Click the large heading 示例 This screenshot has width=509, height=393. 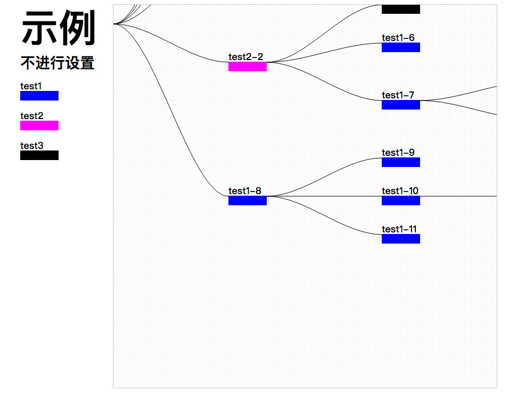(58, 28)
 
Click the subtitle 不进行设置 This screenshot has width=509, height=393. (58, 63)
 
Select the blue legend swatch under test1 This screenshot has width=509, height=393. (39, 96)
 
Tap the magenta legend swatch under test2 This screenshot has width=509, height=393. (39, 126)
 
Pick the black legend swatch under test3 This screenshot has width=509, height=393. (39, 155)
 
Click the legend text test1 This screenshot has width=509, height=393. (31, 86)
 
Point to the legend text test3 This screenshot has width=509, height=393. (31, 145)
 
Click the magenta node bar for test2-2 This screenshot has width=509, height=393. (248, 66)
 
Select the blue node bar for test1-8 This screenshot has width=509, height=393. (248, 200)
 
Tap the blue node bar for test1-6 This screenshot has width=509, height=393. (401, 47)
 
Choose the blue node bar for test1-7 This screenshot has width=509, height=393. (401, 105)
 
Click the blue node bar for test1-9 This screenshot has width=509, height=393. (401, 162)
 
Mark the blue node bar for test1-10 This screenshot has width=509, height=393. (401, 200)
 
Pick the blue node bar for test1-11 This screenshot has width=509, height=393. (401, 239)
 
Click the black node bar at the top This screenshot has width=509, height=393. (401, 9)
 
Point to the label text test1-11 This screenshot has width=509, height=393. (399, 229)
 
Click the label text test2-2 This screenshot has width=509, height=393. (245, 57)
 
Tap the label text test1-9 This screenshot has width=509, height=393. (398, 153)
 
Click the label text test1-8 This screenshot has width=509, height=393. (244, 191)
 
